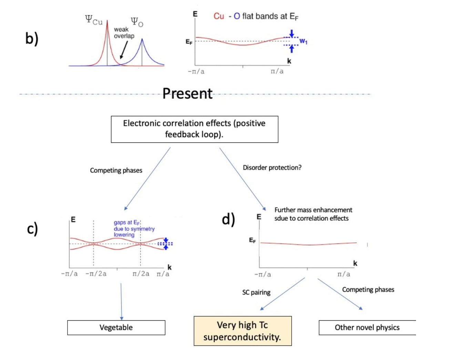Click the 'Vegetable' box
coord(116,328)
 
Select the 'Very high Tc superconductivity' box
coord(243,331)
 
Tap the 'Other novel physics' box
coord(367,328)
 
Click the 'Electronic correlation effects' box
coord(194,129)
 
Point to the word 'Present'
coord(187,93)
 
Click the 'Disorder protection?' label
coord(272,168)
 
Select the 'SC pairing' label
coord(256,292)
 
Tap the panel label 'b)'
coord(32,38)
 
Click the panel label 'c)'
coord(32,229)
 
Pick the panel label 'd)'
coord(228,219)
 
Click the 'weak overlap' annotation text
coord(124,33)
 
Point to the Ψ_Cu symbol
coord(94,20)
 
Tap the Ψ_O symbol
coord(137,22)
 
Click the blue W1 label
coord(303,41)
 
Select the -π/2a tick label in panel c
coord(96,274)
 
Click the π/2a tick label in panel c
coord(141,274)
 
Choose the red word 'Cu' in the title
coord(219,16)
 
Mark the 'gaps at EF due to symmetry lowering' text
coord(134,229)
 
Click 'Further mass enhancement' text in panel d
coord(313,210)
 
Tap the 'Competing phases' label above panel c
coord(116,170)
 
